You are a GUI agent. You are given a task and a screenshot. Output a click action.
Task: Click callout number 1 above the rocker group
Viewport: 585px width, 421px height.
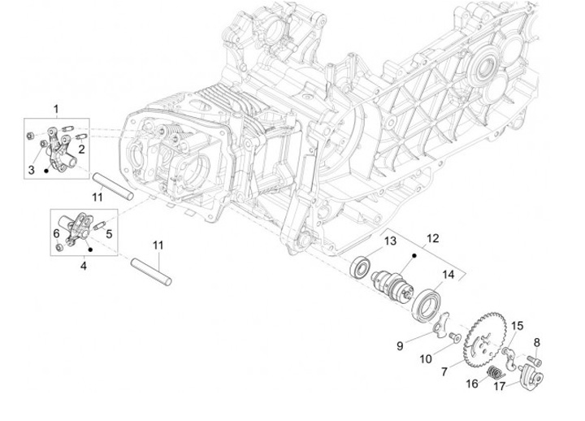[x=57, y=109]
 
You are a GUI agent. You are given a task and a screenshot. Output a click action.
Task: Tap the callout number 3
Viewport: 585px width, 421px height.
[x=32, y=169]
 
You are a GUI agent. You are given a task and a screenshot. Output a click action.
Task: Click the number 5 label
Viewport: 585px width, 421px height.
[x=109, y=232]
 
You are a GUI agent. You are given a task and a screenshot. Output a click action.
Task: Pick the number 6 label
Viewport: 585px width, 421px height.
[x=56, y=234]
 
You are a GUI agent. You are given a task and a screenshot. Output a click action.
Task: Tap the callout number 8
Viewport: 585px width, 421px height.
[x=536, y=342]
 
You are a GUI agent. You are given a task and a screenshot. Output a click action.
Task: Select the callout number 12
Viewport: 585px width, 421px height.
[x=433, y=238]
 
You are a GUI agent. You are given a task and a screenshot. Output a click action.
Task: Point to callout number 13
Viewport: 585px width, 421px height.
[x=390, y=241]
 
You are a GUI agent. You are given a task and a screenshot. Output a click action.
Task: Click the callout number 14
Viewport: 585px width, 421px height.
[x=448, y=274]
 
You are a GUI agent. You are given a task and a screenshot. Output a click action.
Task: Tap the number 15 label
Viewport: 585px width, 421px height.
[x=517, y=326]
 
